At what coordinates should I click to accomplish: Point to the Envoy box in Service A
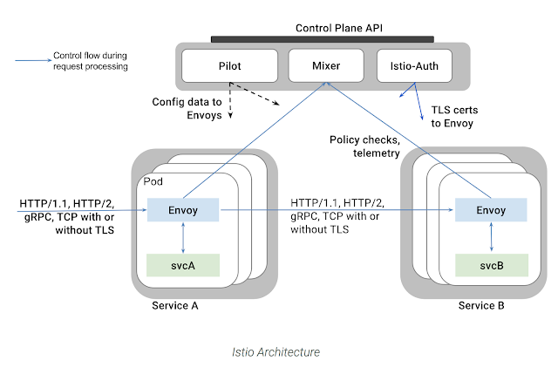click(183, 210)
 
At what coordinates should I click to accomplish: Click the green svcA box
click(183, 264)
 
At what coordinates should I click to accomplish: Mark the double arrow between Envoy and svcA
click(181, 237)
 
